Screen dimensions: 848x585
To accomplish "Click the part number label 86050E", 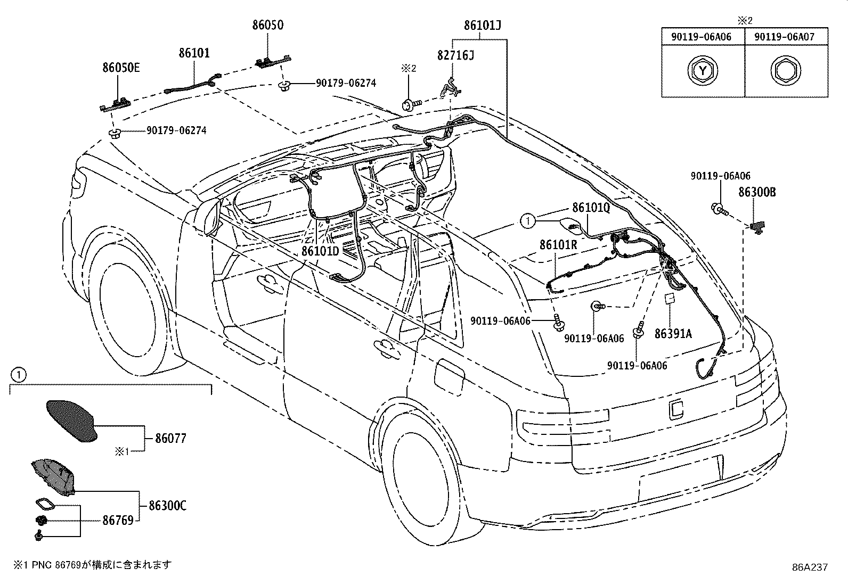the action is tap(121, 68).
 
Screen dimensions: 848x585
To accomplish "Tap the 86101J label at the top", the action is tap(483, 26).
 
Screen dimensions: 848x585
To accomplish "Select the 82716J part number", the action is tap(455, 55).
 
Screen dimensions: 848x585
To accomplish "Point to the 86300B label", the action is tap(757, 192).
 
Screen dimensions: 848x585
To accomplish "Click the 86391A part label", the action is tap(673, 333).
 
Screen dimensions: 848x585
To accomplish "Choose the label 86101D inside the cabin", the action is tap(320, 251).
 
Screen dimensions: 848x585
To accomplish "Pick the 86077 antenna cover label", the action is tap(171, 438).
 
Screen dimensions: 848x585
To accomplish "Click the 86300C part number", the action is tap(167, 506).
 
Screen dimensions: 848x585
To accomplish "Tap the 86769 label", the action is tap(118, 521).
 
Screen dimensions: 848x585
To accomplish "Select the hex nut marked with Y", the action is tap(703, 71).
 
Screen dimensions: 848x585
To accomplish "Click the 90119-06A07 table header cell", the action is tap(786, 37).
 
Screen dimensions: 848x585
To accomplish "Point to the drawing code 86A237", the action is tap(810, 567).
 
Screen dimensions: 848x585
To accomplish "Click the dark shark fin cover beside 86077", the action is tap(72, 421).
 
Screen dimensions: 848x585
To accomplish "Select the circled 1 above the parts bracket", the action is tap(19, 375).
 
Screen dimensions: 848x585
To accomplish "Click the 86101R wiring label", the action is tap(558, 245).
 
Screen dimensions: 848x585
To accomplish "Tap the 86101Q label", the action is tap(591, 208).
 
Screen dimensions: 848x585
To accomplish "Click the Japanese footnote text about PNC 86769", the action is tap(93, 565).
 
